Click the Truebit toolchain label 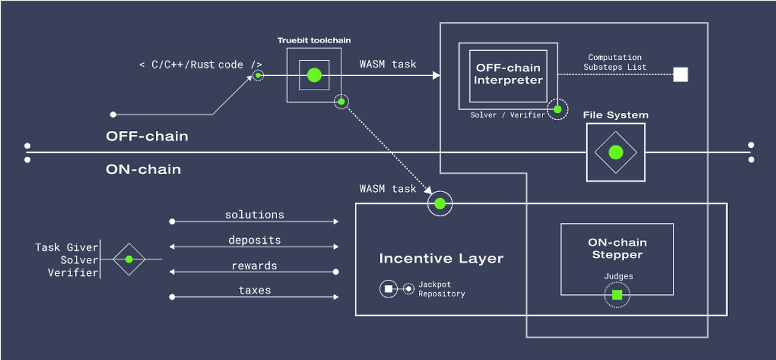pyautogui.click(x=314, y=41)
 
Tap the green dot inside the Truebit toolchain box pyautogui.click(x=314, y=75)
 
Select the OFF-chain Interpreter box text pyautogui.click(x=508, y=74)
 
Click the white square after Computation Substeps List pyautogui.click(x=681, y=75)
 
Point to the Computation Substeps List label pyautogui.click(x=615, y=62)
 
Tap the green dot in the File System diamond pyautogui.click(x=615, y=152)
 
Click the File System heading pyautogui.click(x=615, y=115)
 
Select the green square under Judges pyautogui.click(x=617, y=295)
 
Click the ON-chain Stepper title pyautogui.click(x=617, y=248)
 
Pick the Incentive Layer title pyautogui.click(x=441, y=259)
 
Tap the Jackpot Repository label pyautogui.click(x=441, y=289)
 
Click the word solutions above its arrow pyautogui.click(x=255, y=215)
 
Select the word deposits pyautogui.click(x=255, y=240)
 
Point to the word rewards pyautogui.click(x=255, y=265)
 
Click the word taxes pyautogui.click(x=255, y=290)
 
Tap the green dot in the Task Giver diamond pyautogui.click(x=129, y=259)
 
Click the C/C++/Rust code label pyautogui.click(x=201, y=65)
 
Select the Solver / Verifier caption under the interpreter pyautogui.click(x=507, y=115)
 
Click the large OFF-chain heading pyautogui.click(x=147, y=136)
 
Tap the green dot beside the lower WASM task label pyautogui.click(x=440, y=204)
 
